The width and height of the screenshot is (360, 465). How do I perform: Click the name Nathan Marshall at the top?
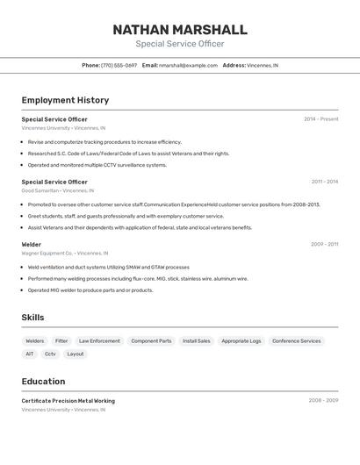tap(180, 29)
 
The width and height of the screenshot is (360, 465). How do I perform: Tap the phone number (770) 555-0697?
tap(119, 65)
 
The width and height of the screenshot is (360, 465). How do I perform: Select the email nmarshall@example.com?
tap(188, 65)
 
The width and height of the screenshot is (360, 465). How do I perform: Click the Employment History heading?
tap(65, 100)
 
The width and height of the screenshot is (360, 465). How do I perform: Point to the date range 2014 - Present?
tap(320, 119)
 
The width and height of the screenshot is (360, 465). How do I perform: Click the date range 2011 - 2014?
tap(324, 182)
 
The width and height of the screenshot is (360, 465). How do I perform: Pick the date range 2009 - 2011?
tap(324, 244)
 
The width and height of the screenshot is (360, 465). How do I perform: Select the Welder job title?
tap(32, 244)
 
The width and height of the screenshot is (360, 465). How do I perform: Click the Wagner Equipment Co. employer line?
tap(65, 253)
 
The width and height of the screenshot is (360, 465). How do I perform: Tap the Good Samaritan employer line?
tap(58, 190)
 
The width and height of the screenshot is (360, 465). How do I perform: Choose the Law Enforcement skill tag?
tap(99, 340)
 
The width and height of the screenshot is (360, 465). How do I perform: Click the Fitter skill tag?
tap(61, 340)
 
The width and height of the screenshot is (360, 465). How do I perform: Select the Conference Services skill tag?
tap(296, 340)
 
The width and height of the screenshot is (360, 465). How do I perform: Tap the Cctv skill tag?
tap(50, 354)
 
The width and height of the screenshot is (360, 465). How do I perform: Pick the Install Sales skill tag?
tap(196, 340)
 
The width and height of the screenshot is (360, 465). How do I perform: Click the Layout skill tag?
tap(76, 354)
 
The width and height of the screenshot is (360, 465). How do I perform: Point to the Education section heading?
tap(43, 382)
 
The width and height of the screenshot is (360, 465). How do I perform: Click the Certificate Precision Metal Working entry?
tap(68, 401)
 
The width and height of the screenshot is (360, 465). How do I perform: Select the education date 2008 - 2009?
tap(323, 401)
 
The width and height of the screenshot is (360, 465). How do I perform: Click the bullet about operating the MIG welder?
tap(90, 290)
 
